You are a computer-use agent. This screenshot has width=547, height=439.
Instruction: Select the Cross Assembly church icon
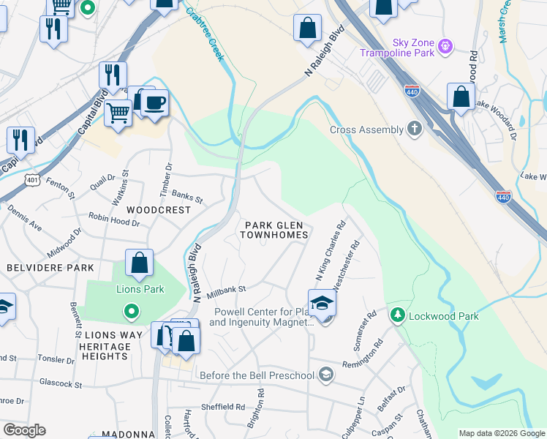point(415,130)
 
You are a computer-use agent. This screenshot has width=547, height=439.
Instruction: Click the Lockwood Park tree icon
point(398,315)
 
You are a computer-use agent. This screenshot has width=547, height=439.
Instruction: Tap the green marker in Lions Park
point(132,313)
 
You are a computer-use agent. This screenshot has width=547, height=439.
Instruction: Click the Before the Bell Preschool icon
point(326,375)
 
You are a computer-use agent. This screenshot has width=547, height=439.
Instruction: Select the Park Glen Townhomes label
point(274,230)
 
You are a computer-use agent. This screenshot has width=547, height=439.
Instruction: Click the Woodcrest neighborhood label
point(158,209)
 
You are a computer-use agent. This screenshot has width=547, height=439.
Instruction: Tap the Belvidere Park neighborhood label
point(42,269)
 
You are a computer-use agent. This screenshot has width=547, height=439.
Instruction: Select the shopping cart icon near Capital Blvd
point(117,113)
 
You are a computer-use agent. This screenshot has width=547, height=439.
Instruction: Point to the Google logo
point(25,430)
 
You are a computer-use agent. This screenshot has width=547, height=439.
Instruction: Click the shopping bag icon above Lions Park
point(139,263)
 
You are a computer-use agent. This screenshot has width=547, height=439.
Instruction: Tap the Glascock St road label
point(61,383)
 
